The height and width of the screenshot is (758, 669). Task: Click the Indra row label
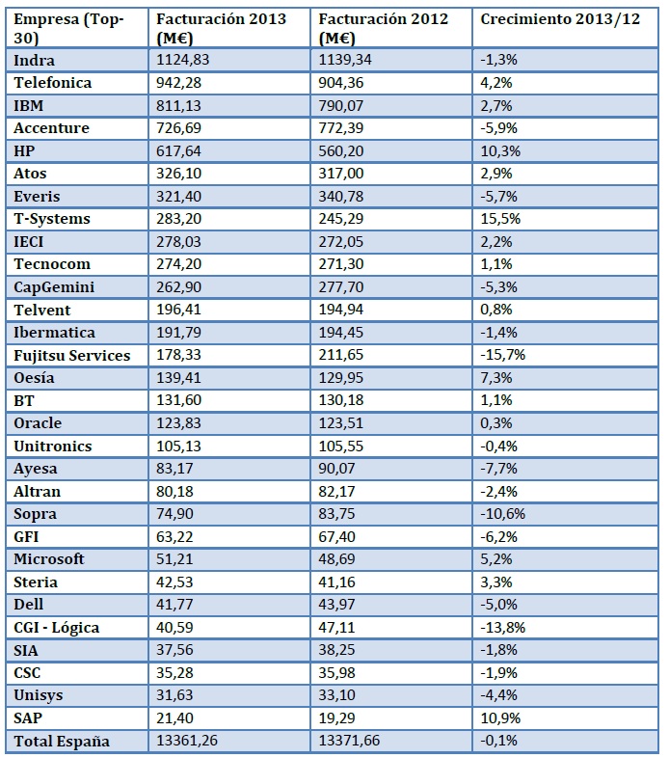coord(35,60)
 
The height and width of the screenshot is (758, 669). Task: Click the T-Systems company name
coord(52,219)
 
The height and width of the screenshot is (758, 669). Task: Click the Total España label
coord(62,741)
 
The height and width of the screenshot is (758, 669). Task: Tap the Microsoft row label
coord(49,559)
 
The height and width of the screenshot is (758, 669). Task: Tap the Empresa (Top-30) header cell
coord(69,28)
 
